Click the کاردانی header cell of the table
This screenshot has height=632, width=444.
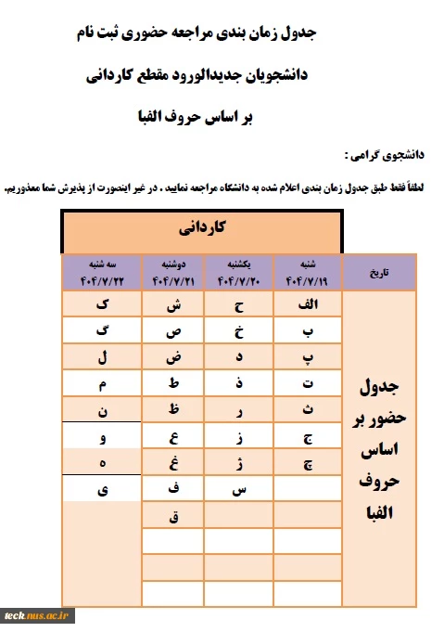click(x=212, y=227)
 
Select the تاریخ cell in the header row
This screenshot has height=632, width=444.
click(x=379, y=272)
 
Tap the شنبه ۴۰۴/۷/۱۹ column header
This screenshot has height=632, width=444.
click(x=308, y=272)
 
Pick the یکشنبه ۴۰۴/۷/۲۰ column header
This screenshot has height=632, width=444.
click(x=240, y=272)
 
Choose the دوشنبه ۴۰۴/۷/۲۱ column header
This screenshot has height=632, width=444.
click(x=175, y=272)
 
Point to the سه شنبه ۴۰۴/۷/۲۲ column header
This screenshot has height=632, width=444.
click(x=102, y=272)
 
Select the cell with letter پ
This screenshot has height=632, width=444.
click(x=308, y=357)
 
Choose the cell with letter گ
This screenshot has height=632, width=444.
click(x=102, y=330)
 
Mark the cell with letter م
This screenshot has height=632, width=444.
click(x=102, y=382)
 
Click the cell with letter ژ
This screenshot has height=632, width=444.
click(x=240, y=461)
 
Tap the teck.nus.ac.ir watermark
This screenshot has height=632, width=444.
click(x=37, y=614)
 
